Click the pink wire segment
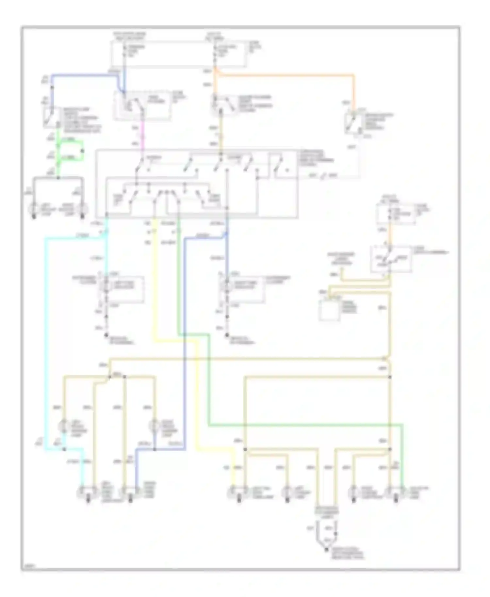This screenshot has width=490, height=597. pos(142,134)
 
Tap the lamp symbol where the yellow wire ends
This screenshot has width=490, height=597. pos(233,492)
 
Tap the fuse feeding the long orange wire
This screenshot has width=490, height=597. pos(215,52)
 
